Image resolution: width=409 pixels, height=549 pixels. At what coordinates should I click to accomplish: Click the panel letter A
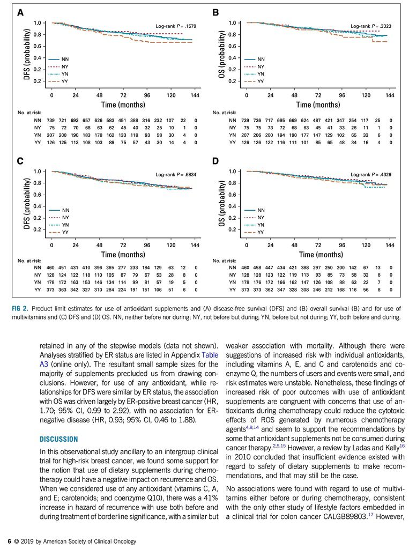pos(20,13)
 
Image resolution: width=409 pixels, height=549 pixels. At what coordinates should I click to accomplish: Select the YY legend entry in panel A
pos(57,81)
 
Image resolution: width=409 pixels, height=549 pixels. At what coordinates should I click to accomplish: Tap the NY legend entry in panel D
pos(254,218)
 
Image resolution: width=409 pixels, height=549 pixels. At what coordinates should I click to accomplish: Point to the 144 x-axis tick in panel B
pos(390,95)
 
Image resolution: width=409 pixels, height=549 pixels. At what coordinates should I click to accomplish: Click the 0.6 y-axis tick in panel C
pos(37,195)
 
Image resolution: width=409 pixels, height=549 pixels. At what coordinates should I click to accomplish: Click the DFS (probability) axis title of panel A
pos(27,55)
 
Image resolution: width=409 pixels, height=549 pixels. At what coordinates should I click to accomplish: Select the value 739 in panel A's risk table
pos(51,121)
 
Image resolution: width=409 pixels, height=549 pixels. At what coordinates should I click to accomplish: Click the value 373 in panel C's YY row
pos(51,290)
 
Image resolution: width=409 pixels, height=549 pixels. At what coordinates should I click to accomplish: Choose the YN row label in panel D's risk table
pos(233,282)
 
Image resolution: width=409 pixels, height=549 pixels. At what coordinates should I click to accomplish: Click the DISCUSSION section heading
pos(59,440)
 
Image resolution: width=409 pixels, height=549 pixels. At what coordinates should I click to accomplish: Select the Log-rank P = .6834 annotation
pos(176,174)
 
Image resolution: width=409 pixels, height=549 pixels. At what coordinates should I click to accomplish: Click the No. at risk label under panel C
pos(29,261)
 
